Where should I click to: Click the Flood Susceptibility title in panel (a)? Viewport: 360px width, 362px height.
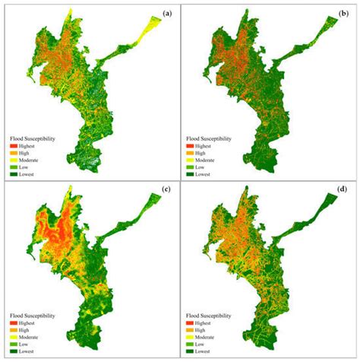[37, 139]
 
